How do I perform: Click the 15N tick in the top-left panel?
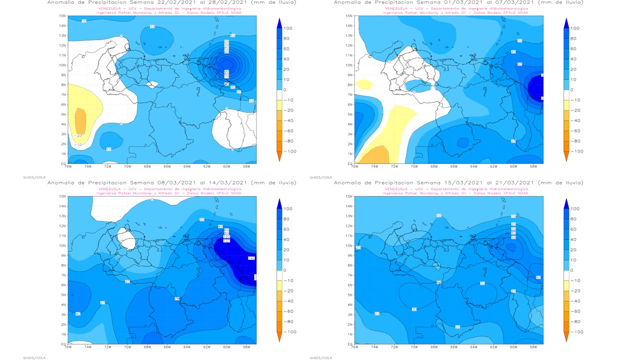coord(63,16)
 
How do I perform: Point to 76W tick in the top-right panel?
coord(354,166)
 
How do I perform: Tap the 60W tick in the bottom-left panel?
coord(226,346)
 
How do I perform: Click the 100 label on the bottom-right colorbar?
coord(574,209)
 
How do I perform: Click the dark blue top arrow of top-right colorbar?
coord(566,23)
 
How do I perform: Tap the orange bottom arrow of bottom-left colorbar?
coord(279,337)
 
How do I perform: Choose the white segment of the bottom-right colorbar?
coord(566,275)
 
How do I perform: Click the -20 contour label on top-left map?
coord(78,135)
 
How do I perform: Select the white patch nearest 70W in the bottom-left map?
coord(126,239)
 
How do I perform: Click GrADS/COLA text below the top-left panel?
coord(31,177)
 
